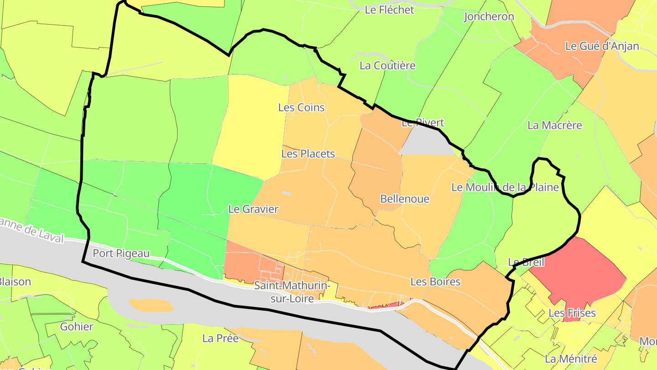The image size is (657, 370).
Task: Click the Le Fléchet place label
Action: [389, 10]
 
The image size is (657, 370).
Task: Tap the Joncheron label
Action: [489, 17]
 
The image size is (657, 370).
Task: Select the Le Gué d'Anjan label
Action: [602, 46]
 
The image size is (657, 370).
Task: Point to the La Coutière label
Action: [387, 65]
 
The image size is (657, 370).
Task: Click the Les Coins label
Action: [301, 107]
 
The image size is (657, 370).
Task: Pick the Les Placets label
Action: [308, 153]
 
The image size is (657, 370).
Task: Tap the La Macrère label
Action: [554, 125]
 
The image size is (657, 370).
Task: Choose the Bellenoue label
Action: [405, 199]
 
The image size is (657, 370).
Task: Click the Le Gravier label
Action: [253, 209]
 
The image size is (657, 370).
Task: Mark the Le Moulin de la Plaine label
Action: [505, 187]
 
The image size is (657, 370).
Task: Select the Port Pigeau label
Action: [121, 253]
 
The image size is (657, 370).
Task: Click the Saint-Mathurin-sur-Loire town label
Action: [292, 292]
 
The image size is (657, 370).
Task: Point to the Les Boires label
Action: [435, 281]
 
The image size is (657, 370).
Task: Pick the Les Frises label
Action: [572, 313]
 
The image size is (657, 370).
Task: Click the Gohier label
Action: [77, 327]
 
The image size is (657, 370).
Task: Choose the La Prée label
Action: [220, 338]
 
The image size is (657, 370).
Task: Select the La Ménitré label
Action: [571, 359]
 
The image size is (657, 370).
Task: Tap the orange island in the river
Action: [151, 305]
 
